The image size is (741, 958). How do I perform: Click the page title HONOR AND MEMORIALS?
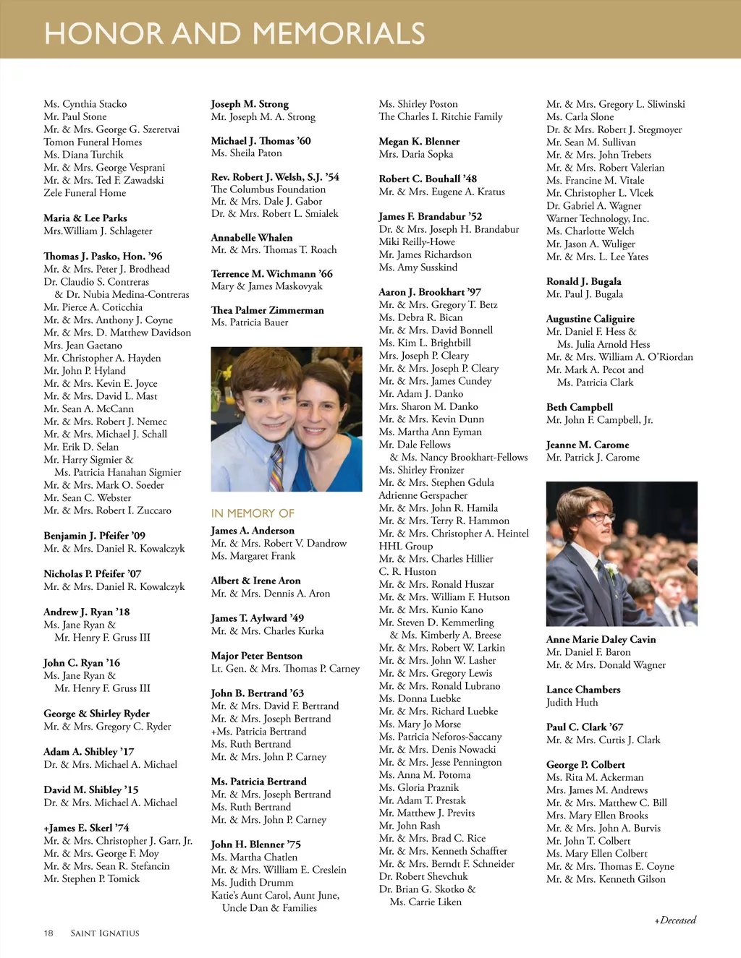tap(234, 33)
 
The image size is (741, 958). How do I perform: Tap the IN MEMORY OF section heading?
tap(253, 513)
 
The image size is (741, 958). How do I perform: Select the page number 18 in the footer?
tap(48, 933)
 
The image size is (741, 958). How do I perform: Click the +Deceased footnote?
tap(675, 920)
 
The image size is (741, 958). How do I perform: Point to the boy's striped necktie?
tap(276, 467)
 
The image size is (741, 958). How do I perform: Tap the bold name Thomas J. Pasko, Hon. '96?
tap(103, 256)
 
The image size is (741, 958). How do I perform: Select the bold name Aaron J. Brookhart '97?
tap(430, 292)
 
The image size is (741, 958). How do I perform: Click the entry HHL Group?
tap(406, 546)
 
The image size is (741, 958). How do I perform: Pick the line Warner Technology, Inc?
tap(598, 218)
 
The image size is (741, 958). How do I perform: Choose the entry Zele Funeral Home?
tap(85, 193)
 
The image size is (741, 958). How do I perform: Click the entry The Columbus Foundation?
tap(268, 189)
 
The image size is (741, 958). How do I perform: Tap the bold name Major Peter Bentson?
tap(257, 656)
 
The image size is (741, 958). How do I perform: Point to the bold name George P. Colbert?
tap(585, 764)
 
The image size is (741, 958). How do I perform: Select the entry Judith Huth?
tap(572, 702)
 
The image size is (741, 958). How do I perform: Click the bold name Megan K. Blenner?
tap(419, 142)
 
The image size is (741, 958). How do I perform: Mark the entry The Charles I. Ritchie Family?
tap(441, 116)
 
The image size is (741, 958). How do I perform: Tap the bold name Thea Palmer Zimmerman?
tap(268, 310)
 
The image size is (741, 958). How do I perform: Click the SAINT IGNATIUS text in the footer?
tap(105, 933)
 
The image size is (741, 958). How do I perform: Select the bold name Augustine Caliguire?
tap(590, 319)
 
